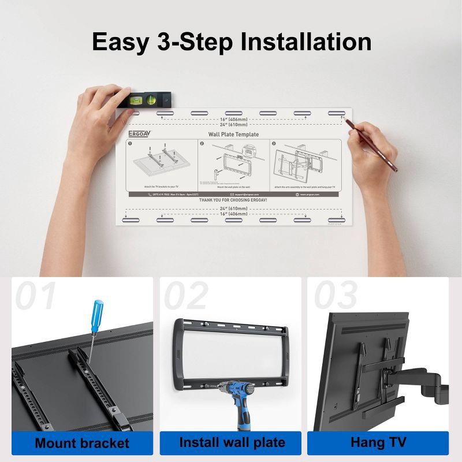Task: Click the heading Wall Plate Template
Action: [233, 134]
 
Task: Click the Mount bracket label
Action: [82, 444]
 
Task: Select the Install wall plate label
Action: [233, 443]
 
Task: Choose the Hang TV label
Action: [378, 443]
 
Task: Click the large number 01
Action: [36, 296]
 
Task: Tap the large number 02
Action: [186, 296]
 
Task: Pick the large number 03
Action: [335, 296]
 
